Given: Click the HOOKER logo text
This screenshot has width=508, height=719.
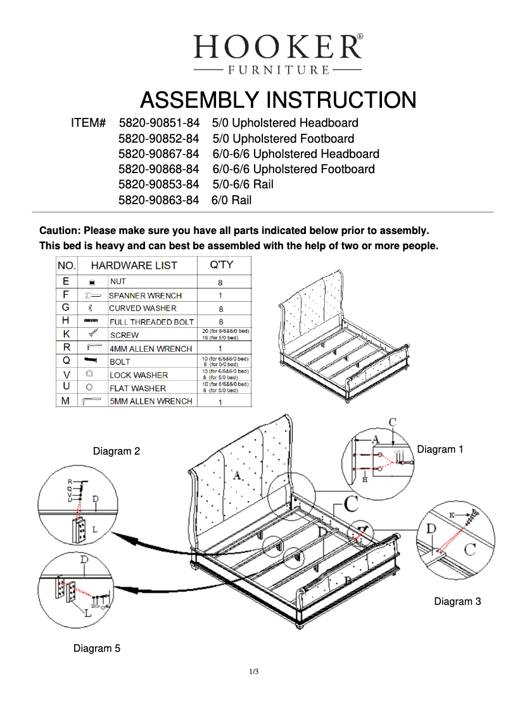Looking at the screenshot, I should tap(277, 47).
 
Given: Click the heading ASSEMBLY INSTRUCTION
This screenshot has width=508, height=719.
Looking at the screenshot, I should tap(277, 100).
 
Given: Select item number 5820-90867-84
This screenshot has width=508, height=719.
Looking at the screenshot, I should tap(159, 154).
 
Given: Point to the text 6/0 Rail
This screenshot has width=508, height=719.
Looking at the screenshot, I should tap(232, 200).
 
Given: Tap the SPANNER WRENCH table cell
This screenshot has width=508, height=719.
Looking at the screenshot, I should tap(146, 295).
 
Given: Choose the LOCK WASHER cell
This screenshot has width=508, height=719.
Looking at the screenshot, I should tap(139, 375).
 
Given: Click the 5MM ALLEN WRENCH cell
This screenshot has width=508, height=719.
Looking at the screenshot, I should tap(151, 401).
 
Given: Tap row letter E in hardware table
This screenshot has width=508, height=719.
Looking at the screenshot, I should tap(67, 282).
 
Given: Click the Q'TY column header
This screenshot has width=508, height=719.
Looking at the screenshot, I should tap(221, 265).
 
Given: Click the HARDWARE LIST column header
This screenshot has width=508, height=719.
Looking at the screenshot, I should tap(134, 266).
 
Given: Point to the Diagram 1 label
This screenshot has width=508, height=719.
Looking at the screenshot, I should tap(440, 449).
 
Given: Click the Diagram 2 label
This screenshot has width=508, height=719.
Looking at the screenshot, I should tap(117, 451).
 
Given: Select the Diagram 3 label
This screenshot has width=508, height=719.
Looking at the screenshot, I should tap(457, 601).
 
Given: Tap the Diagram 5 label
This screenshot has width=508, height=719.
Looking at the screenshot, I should tap(97, 648).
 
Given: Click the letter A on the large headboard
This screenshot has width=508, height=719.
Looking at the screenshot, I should tap(238, 476).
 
